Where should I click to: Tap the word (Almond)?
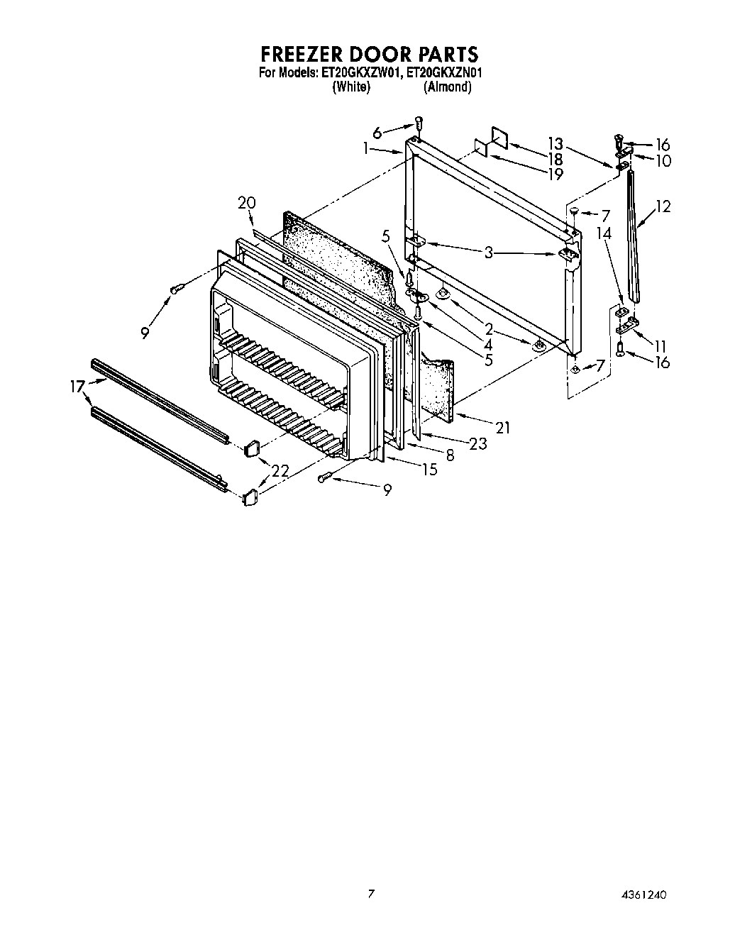447,87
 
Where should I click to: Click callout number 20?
246,203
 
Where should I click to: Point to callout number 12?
663,206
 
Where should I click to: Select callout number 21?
503,427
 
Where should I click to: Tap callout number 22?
280,470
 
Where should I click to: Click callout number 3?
488,252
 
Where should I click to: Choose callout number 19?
556,174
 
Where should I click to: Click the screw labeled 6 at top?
419,123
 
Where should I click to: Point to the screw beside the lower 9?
325,478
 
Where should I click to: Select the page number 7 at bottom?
370,894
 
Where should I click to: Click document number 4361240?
643,894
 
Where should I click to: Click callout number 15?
429,469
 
